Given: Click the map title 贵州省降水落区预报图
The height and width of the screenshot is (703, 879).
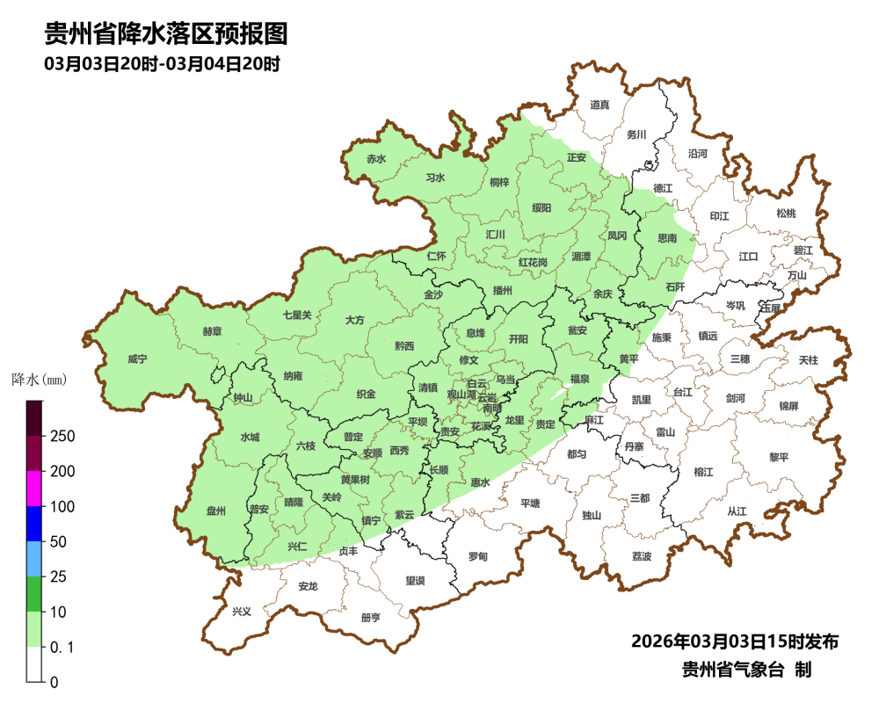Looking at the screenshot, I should [x=166, y=33].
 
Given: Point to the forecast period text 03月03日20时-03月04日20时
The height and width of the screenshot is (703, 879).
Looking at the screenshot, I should [x=162, y=64].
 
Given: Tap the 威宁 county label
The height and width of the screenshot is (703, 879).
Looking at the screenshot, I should [x=137, y=359].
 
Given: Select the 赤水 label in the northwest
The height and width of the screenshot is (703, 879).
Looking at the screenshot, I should [x=376, y=159].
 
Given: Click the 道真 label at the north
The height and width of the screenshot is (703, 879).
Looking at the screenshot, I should [x=599, y=105].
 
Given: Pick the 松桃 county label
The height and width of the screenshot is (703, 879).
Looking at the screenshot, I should [x=785, y=214].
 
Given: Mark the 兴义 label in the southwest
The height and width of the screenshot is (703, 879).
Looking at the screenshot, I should [x=241, y=611].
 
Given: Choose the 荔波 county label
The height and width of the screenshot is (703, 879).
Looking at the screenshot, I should [x=642, y=557].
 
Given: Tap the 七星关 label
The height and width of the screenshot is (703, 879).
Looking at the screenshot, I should [x=297, y=315].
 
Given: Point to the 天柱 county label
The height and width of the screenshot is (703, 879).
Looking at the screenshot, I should [x=807, y=360].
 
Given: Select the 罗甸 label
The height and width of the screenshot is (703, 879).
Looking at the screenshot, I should [x=477, y=556].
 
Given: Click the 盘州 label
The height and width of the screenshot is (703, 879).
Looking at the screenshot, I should [x=216, y=511].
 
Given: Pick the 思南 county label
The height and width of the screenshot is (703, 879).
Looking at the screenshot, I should [x=667, y=238].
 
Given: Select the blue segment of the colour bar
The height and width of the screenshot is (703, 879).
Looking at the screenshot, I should [x=34, y=524].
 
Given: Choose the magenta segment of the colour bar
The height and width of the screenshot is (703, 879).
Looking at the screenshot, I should [x=34, y=489].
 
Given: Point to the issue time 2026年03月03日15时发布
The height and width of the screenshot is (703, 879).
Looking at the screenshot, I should [x=734, y=641].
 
